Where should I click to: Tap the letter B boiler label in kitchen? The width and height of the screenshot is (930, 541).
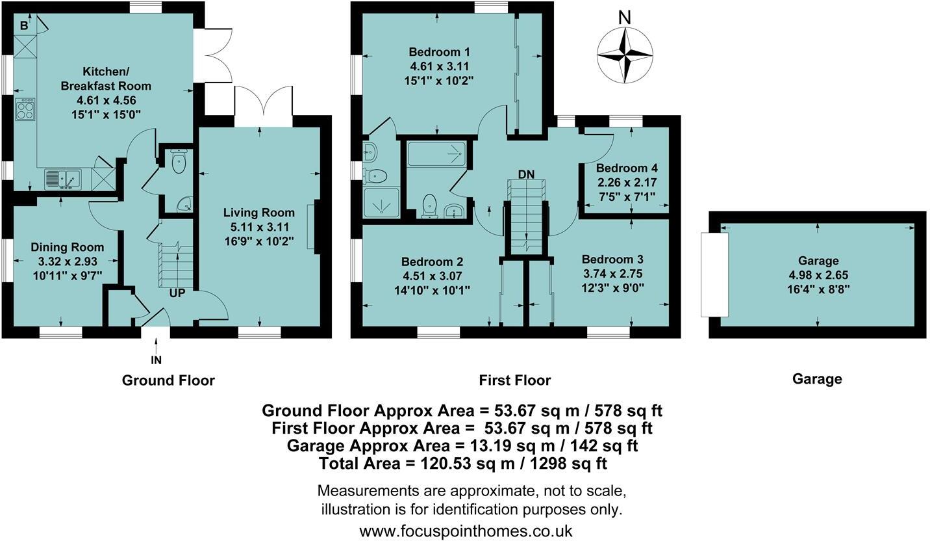(24, 26)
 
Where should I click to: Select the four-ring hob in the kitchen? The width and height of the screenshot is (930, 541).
(26, 109)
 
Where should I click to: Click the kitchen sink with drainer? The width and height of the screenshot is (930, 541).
(63, 179)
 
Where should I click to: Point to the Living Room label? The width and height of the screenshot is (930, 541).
(259, 213)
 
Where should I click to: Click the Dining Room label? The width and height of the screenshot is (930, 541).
(68, 247)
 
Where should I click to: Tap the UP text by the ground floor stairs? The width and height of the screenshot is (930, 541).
(177, 293)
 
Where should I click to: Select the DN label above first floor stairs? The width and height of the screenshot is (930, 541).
(526, 174)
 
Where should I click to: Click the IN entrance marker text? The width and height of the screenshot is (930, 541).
(156, 360)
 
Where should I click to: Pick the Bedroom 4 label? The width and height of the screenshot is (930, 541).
(627, 168)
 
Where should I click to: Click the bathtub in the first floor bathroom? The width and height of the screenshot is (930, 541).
(437, 154)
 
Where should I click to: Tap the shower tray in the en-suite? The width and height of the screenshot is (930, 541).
(381, 203)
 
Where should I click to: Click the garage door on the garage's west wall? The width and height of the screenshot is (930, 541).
(714, 275)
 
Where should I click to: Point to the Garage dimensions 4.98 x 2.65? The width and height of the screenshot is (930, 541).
(818, 275)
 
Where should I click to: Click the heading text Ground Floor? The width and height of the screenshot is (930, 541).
(168, 380)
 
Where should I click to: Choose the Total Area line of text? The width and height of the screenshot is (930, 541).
(463, 463)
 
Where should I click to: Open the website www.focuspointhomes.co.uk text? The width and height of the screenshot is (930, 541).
(466, 531)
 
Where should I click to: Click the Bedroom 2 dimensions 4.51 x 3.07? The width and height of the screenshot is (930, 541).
(432, 276)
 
